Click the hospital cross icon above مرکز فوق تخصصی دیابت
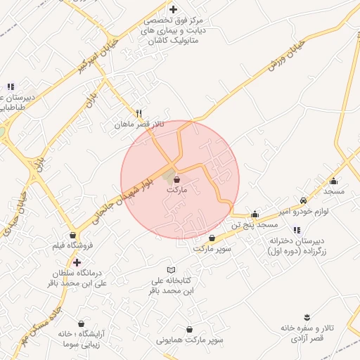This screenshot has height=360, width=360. click(173, 9)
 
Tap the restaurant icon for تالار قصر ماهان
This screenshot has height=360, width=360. click(139, 113)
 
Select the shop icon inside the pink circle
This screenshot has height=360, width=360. click(176, 179)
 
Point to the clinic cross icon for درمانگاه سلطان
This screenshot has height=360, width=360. click(77, 262)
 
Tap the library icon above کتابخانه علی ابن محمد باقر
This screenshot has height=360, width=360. click(172, 270)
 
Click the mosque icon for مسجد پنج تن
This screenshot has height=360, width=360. click(255, 214)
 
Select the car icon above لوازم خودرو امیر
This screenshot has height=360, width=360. click(303, 200)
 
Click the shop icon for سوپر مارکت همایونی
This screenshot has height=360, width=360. click(189, 329)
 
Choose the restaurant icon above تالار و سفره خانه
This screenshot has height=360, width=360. click(307, 318)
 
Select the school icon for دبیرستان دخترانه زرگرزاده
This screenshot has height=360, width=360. click(296, 230)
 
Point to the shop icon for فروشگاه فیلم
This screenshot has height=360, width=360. click(72, 236)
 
